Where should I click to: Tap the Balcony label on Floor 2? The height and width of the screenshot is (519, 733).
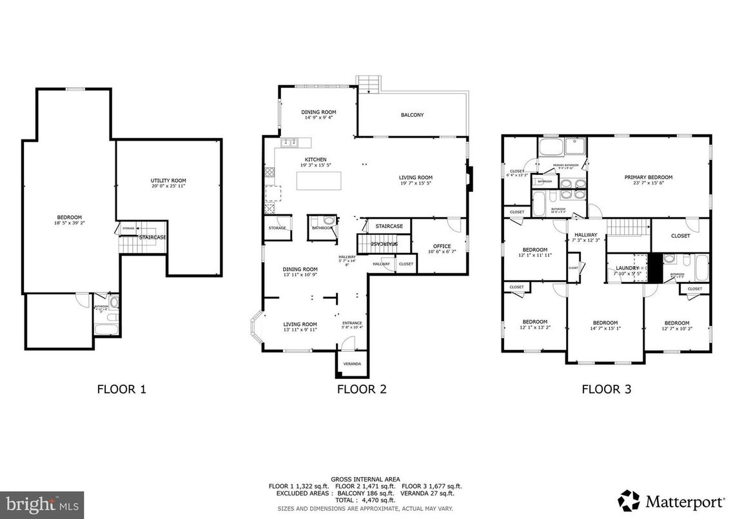click(412, 115)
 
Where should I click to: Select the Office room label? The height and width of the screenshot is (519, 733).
click(442, 246)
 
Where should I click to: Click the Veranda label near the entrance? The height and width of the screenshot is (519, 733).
click(352, 364)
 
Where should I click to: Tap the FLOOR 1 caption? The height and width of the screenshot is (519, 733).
click(122, 389)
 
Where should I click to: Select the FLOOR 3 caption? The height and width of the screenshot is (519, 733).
click(606, 389)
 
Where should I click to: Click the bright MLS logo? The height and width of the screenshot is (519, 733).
click(43, 502)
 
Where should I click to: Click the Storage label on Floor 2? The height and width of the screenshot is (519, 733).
click(277, 228)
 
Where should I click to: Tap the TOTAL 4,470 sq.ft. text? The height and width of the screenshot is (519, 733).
click(365, 500)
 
